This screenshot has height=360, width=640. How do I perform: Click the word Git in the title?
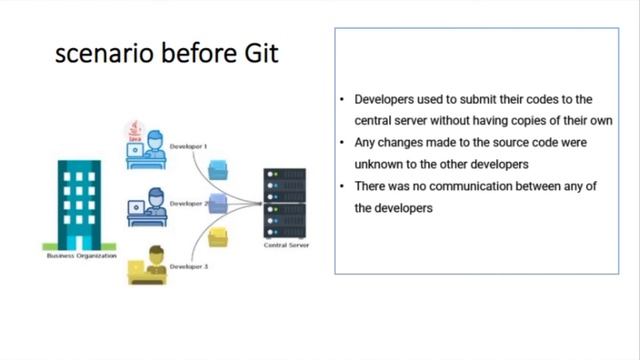click(259, 54)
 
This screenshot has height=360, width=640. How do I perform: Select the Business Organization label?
click(81, 256)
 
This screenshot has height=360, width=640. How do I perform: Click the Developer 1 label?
click(188, 147)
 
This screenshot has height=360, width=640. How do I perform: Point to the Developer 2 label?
click(188, 204)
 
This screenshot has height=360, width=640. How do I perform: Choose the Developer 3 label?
click(188, 267)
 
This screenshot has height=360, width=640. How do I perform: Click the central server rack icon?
click(284, 202)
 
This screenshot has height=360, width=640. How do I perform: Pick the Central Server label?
click(284, 245)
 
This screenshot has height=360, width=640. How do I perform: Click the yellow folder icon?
click(219, 236)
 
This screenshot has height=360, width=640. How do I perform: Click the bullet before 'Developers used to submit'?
click(342, 100)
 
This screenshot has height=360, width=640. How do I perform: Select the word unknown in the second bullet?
click(379, 164)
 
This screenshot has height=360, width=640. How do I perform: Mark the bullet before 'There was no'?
click(342, 186)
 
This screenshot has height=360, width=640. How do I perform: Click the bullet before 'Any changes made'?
click(342, 143)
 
